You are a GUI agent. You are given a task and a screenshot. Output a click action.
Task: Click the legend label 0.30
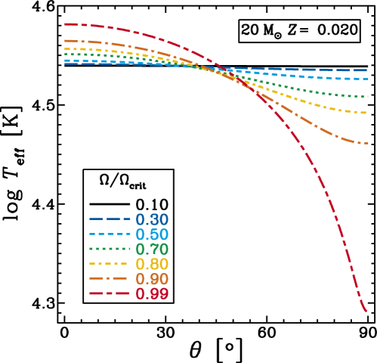[x=152, y=220]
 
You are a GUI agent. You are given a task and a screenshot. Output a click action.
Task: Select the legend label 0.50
[x=152, y=235]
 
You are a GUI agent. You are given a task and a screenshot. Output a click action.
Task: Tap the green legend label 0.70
[x=152, y=250]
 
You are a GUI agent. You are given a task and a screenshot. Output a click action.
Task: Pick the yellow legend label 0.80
[x=152, y=265]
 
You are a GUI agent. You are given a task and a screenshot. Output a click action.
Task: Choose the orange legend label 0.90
[x=152, y=279]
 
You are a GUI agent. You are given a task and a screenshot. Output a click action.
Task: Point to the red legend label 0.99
[x=152, y=294]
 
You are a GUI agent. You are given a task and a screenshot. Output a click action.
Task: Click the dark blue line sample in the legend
[x=110, y=219]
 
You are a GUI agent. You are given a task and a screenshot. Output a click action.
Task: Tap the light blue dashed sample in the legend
[x=110, y=234]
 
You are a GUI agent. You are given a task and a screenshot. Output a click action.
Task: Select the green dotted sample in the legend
[x=110, y=249]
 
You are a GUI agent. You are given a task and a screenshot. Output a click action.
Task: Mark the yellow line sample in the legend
[x=110, y=264]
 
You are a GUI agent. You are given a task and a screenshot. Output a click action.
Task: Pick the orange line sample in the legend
[x=110, y=278]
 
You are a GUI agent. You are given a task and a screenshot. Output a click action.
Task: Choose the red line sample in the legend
[x=110, y=293]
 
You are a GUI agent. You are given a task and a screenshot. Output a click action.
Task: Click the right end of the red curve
[x=366, y=311]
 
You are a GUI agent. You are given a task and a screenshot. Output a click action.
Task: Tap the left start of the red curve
[x=66, y=24]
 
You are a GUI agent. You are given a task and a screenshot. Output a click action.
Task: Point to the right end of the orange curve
[x=367, y=143]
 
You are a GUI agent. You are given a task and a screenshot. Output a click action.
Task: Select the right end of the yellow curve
[x=367, y=113]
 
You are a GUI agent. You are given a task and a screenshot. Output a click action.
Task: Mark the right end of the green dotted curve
[x=367, y=97]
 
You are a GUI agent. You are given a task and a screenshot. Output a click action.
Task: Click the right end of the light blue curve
[x=367, y=79]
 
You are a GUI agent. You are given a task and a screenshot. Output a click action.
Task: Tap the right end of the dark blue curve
[x=367, y=70]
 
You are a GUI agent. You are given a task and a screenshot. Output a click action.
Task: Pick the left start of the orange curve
[x=66, y=40]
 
